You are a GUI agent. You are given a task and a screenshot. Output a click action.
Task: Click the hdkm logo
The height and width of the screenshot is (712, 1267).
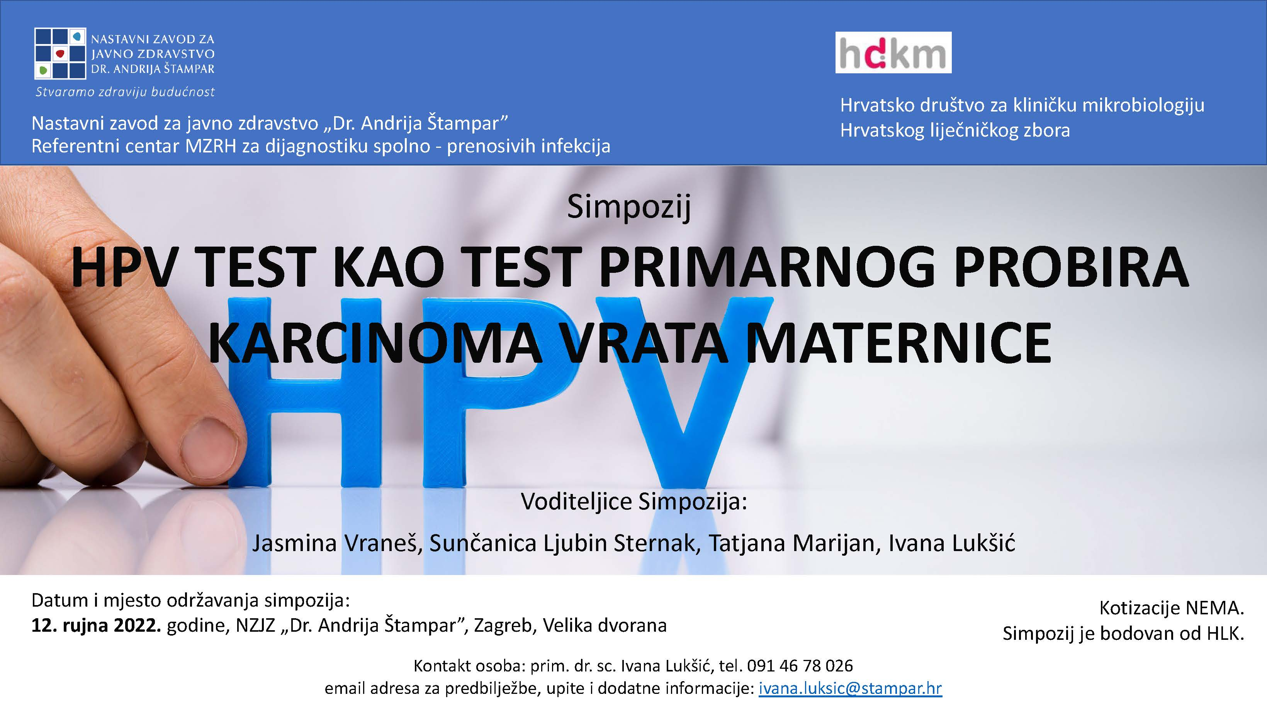coord(893,52)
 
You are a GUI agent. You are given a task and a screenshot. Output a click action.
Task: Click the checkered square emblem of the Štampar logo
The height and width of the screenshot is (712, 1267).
coord(60,54)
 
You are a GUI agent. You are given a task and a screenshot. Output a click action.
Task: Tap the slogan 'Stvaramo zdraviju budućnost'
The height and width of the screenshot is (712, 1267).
coord(125,92)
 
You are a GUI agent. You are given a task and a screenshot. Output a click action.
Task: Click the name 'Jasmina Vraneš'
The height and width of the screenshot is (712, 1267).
coord(337,543)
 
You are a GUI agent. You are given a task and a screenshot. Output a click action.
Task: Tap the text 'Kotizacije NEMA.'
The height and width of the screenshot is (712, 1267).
coord(1172,608)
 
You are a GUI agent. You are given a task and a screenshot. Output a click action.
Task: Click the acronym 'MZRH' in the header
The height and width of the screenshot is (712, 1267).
coord(211,146)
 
